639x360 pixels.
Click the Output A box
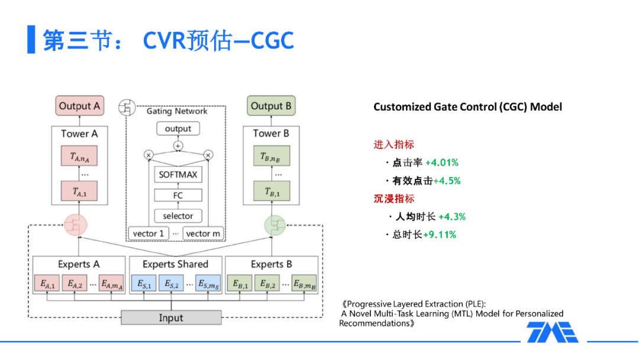point(79,107)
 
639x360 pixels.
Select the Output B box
point(271,107)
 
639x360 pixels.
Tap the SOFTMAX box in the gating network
point(178,175)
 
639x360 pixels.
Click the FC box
point(178,195)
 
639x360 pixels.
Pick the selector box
point(178,216)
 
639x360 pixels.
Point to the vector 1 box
point(148,233)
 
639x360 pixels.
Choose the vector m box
point(203,233)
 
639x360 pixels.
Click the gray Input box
point(171,318)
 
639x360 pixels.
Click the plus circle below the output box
point(178,146)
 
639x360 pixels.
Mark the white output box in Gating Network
point(178,128)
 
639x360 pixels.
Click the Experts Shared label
point(175,264)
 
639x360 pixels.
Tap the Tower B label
point(271,134)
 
